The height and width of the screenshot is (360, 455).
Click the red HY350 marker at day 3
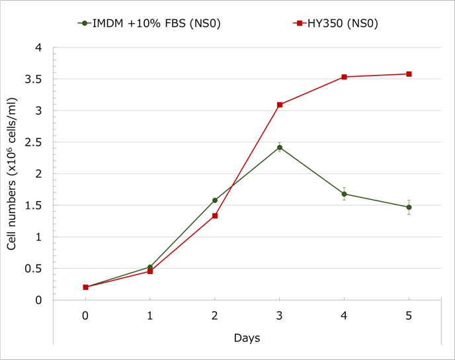(x=280, y=105)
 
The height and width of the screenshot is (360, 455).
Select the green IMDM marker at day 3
(x=280, y=148)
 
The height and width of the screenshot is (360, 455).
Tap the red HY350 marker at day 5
(x=409, y=74)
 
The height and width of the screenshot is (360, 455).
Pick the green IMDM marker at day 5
(x=409, y=207)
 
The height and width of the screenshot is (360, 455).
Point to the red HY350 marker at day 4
(x=345, y=77)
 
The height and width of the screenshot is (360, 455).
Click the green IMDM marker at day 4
(x=345, y=194)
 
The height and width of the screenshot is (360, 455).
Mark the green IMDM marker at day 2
(x=215, y=200)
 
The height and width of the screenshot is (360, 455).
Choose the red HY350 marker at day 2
(x=215, y=216)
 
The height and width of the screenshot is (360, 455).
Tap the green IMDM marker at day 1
(x=150, y=267)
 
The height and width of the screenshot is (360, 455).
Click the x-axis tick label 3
(x=280, y=316)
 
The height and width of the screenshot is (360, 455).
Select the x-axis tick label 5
(x=409, y=316)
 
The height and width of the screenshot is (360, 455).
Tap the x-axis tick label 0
(x=85, y=316)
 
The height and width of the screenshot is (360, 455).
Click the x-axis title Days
(x=247, y=338)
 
